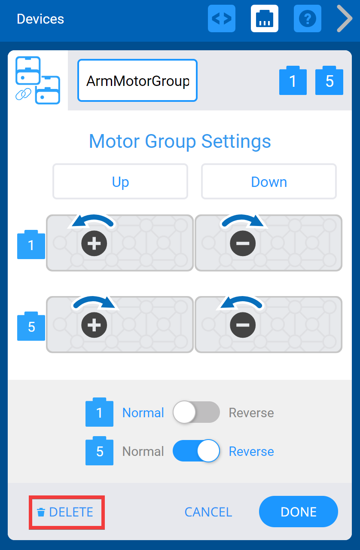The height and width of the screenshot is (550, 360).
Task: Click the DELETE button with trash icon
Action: [x=66, y=512]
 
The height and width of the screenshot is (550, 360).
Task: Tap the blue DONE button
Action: [x=298, y=512]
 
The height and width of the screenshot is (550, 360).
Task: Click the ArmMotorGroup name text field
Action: [x=137, y=81]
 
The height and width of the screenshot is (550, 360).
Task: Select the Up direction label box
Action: [x=120, y=182]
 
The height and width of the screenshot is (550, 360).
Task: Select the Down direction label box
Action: [x=269, y=182]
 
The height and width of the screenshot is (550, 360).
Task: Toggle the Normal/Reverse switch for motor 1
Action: [x=196, y=413]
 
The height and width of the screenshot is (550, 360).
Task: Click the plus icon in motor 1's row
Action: [x=94, y=244]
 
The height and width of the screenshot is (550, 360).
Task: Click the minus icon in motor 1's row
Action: [x=243, y=244]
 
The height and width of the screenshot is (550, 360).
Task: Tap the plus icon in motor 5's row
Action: [x=94, y=325]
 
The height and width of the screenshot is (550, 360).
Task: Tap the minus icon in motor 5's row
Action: [x=243, y=325]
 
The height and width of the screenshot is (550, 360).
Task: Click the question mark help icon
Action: [x=307, y=18]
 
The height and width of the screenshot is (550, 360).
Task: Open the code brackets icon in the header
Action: [x=222, y=18]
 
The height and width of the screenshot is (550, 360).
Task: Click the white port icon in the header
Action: [x=264, y=18]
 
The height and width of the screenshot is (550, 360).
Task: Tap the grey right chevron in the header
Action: [x=344, y=18]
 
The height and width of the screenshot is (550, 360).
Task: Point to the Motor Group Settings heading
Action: [x=180, y=141]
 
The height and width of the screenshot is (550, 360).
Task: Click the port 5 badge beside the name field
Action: [x=329, y=81]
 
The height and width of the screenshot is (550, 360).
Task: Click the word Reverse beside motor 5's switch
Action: [x=251, y=452]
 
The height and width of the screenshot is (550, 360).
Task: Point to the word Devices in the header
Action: [x=40, y=19]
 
